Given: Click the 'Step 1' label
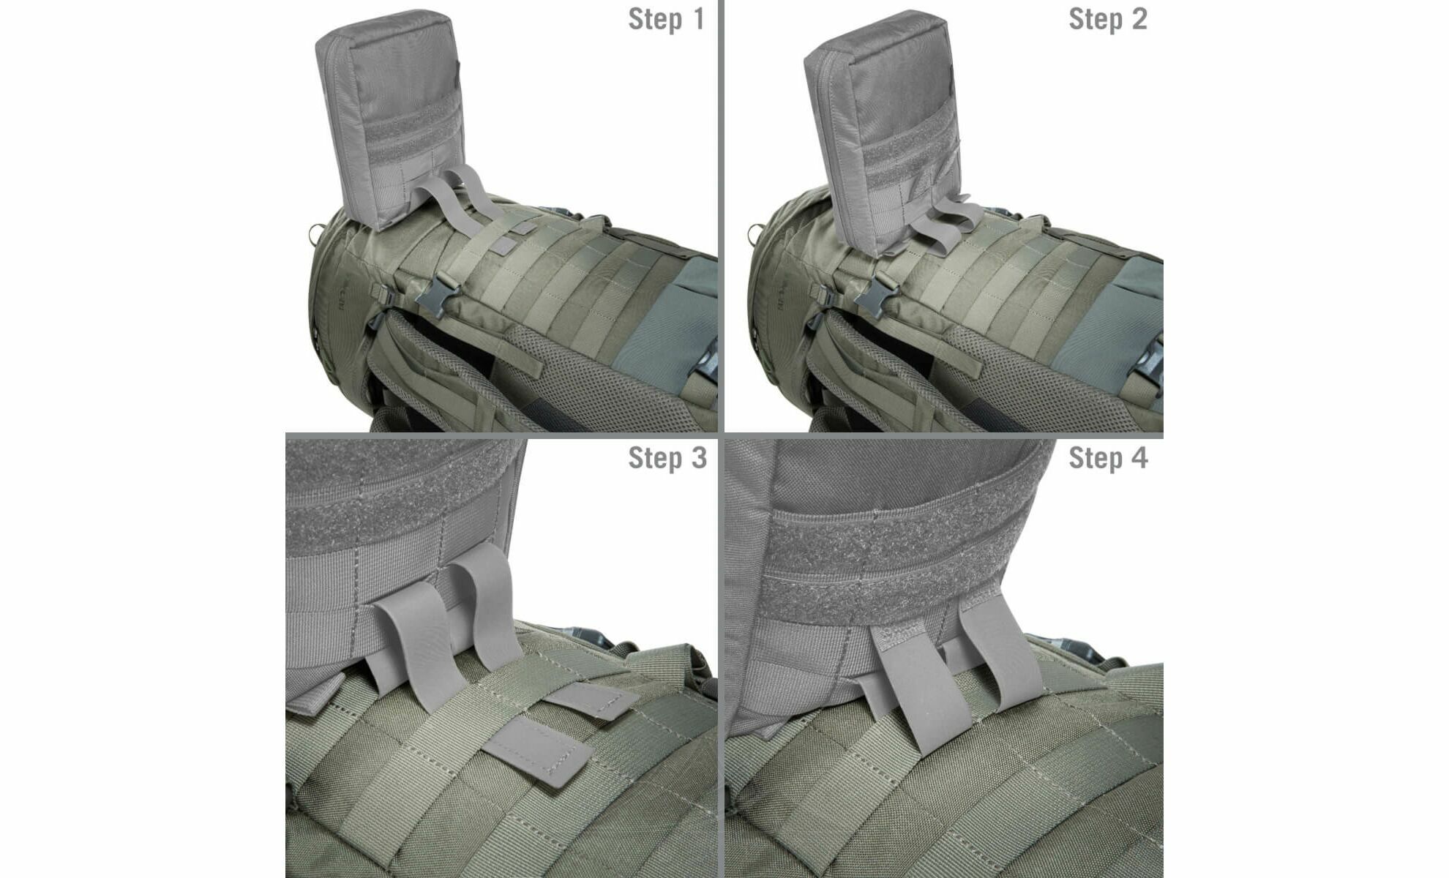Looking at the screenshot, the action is click(x=666, y=20).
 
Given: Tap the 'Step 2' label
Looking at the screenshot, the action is click(x=1108, y=20).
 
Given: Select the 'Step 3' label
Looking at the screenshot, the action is click(x=667, y=458).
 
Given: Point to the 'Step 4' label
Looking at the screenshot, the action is click(x=1108, y=458).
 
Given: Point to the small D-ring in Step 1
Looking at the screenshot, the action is click(x=317, y=234).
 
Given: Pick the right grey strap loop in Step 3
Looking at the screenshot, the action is click(x=489, y=615).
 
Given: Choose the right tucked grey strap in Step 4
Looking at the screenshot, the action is click(x=1003, y=658).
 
